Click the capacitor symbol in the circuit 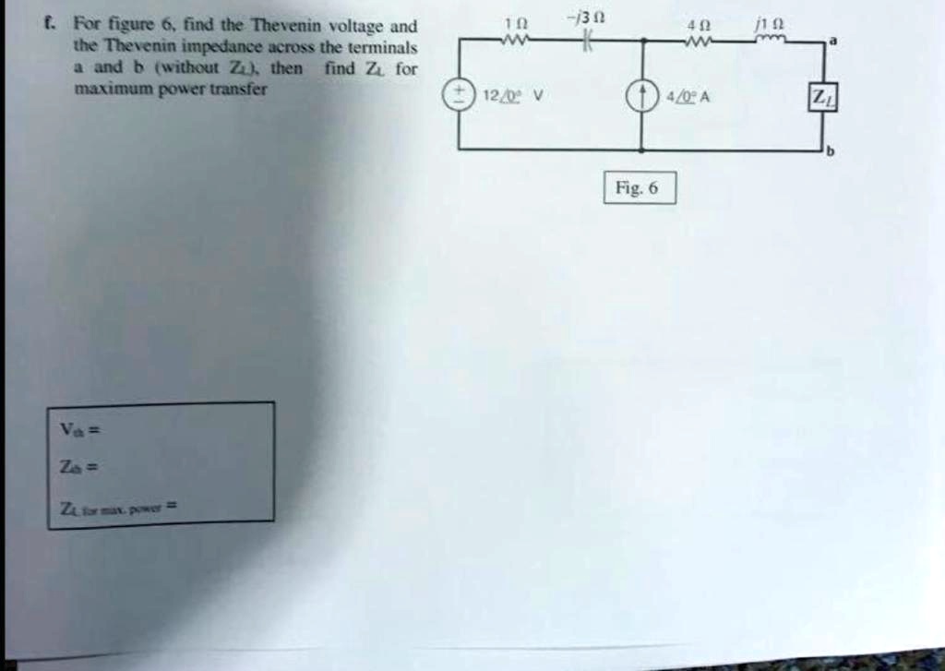pyautogui.click(x=585, y=42)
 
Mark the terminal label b pyautogui.click(x=829, y=154)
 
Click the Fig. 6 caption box pyautogui.click(x=640, y=187)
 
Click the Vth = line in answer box pyautogui.click(x=73, y=429)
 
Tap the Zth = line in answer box pyautogui.click(x=73, y=468)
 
